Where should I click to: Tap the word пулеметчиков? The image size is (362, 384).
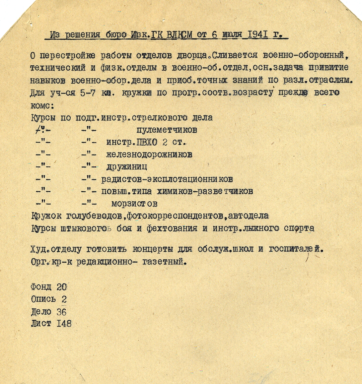coord(167,130)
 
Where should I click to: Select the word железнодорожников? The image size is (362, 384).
coord(149,155)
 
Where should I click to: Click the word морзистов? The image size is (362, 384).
coord(134,204)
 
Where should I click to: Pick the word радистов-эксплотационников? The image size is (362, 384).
coord(167,179)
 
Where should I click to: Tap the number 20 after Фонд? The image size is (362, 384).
coord(62,287)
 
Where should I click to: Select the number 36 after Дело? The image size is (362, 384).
coord(61,312)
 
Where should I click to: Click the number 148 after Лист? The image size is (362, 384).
coord(64,324)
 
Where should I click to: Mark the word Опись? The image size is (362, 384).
coord(43,299)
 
